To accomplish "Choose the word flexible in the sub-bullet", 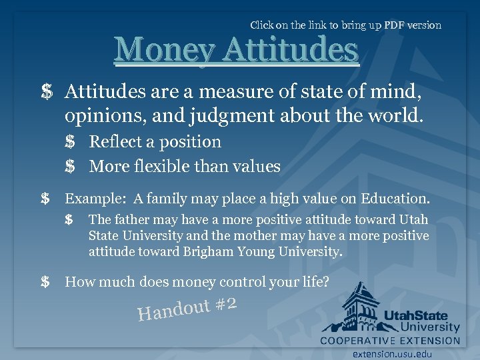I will click(x=185, y=166).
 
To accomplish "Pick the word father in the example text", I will click(x=131, y=219).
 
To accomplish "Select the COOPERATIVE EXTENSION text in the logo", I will click(x=390, y=341).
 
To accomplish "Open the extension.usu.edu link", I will click(x=393, y=354).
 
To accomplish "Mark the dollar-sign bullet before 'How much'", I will click(x=45, y=282).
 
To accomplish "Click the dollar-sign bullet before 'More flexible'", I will click(x=70, y=167).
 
